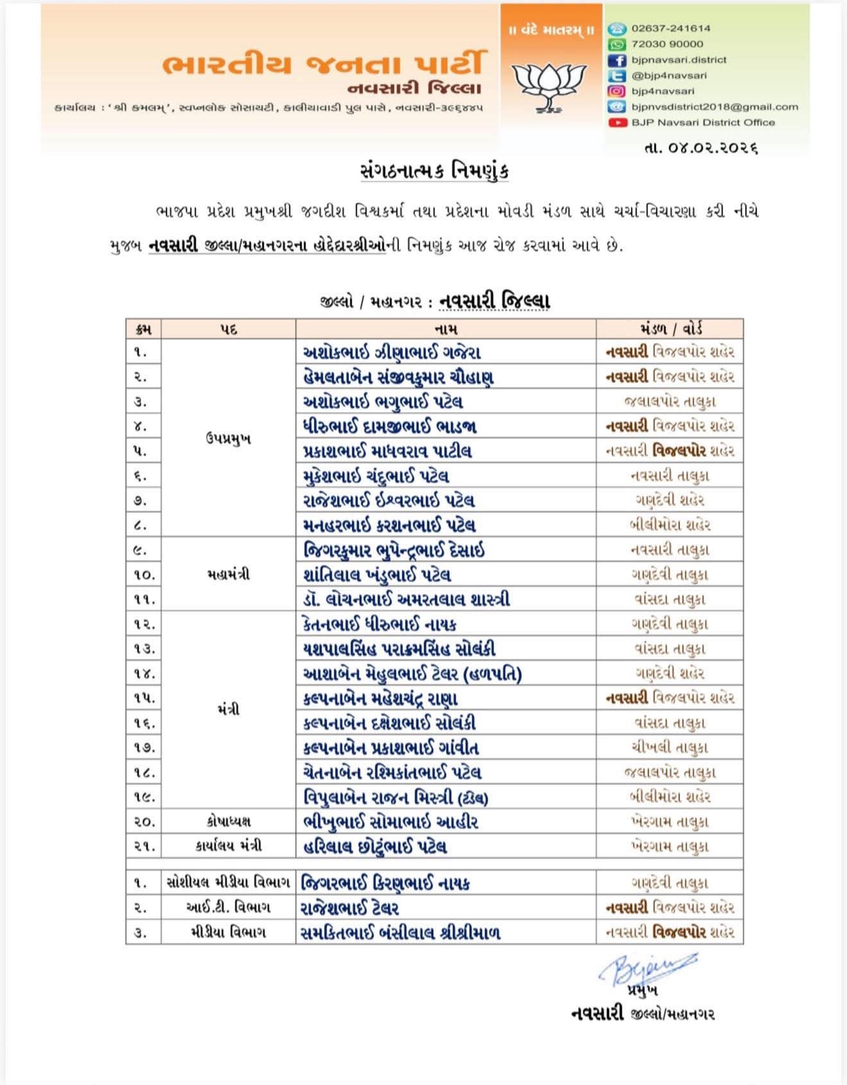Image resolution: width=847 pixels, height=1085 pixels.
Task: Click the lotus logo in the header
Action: [x=551, y=83]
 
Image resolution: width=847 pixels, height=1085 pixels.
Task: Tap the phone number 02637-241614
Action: [x=671, y=28]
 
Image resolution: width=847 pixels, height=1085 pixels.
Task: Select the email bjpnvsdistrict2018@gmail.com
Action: [x=714, y=106]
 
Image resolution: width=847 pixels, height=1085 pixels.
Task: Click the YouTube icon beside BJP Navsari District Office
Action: [x=617, y=122]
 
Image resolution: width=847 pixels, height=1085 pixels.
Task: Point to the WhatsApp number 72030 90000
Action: [x=667, y=44]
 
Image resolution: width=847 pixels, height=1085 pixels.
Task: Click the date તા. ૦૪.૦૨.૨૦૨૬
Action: [x=701, y=147]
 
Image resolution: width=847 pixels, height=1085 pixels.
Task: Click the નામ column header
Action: [x=445, y=329]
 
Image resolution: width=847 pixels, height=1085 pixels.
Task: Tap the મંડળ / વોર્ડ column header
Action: [x=670, y=329]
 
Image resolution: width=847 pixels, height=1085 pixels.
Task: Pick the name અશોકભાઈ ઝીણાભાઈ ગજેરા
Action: [x=391, y=352]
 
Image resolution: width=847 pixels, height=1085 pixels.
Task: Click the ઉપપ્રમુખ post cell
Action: [x=228, y=439]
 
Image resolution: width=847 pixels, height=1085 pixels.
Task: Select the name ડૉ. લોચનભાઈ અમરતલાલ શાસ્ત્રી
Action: [x=406, y=600]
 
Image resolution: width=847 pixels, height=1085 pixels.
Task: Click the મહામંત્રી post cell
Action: [x=228, y=575]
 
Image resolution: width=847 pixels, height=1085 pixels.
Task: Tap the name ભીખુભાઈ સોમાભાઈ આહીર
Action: [x=390, y=821]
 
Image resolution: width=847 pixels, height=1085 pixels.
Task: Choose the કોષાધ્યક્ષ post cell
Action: [x=228, y=821]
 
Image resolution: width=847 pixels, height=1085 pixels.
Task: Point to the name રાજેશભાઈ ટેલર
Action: [x=350, y=908]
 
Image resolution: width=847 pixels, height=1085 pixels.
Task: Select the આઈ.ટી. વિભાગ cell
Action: [x=228, y=908]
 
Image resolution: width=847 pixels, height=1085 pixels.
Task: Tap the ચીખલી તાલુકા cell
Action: [x=670, y=748]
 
